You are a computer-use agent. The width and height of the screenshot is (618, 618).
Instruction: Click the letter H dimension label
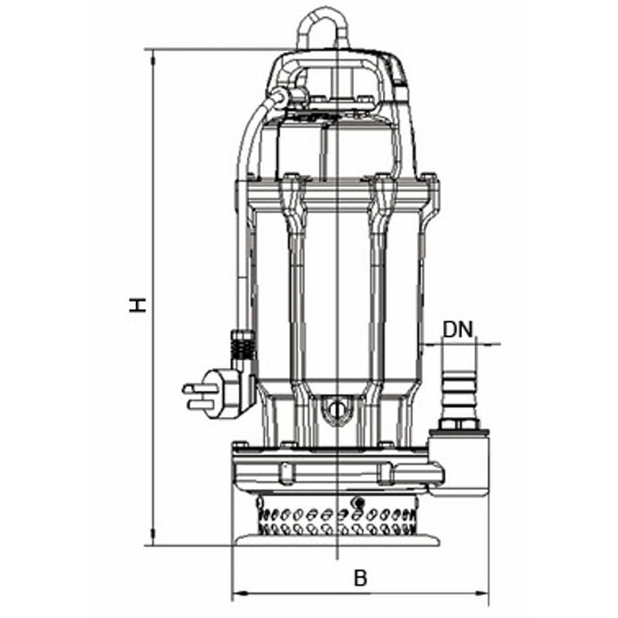[138, 305]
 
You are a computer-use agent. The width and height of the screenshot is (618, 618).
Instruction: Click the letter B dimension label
[360, 578]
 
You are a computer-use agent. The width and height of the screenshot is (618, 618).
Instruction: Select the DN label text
[457, 330]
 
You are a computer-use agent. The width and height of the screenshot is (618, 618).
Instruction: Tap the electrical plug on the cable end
[213, 393]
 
